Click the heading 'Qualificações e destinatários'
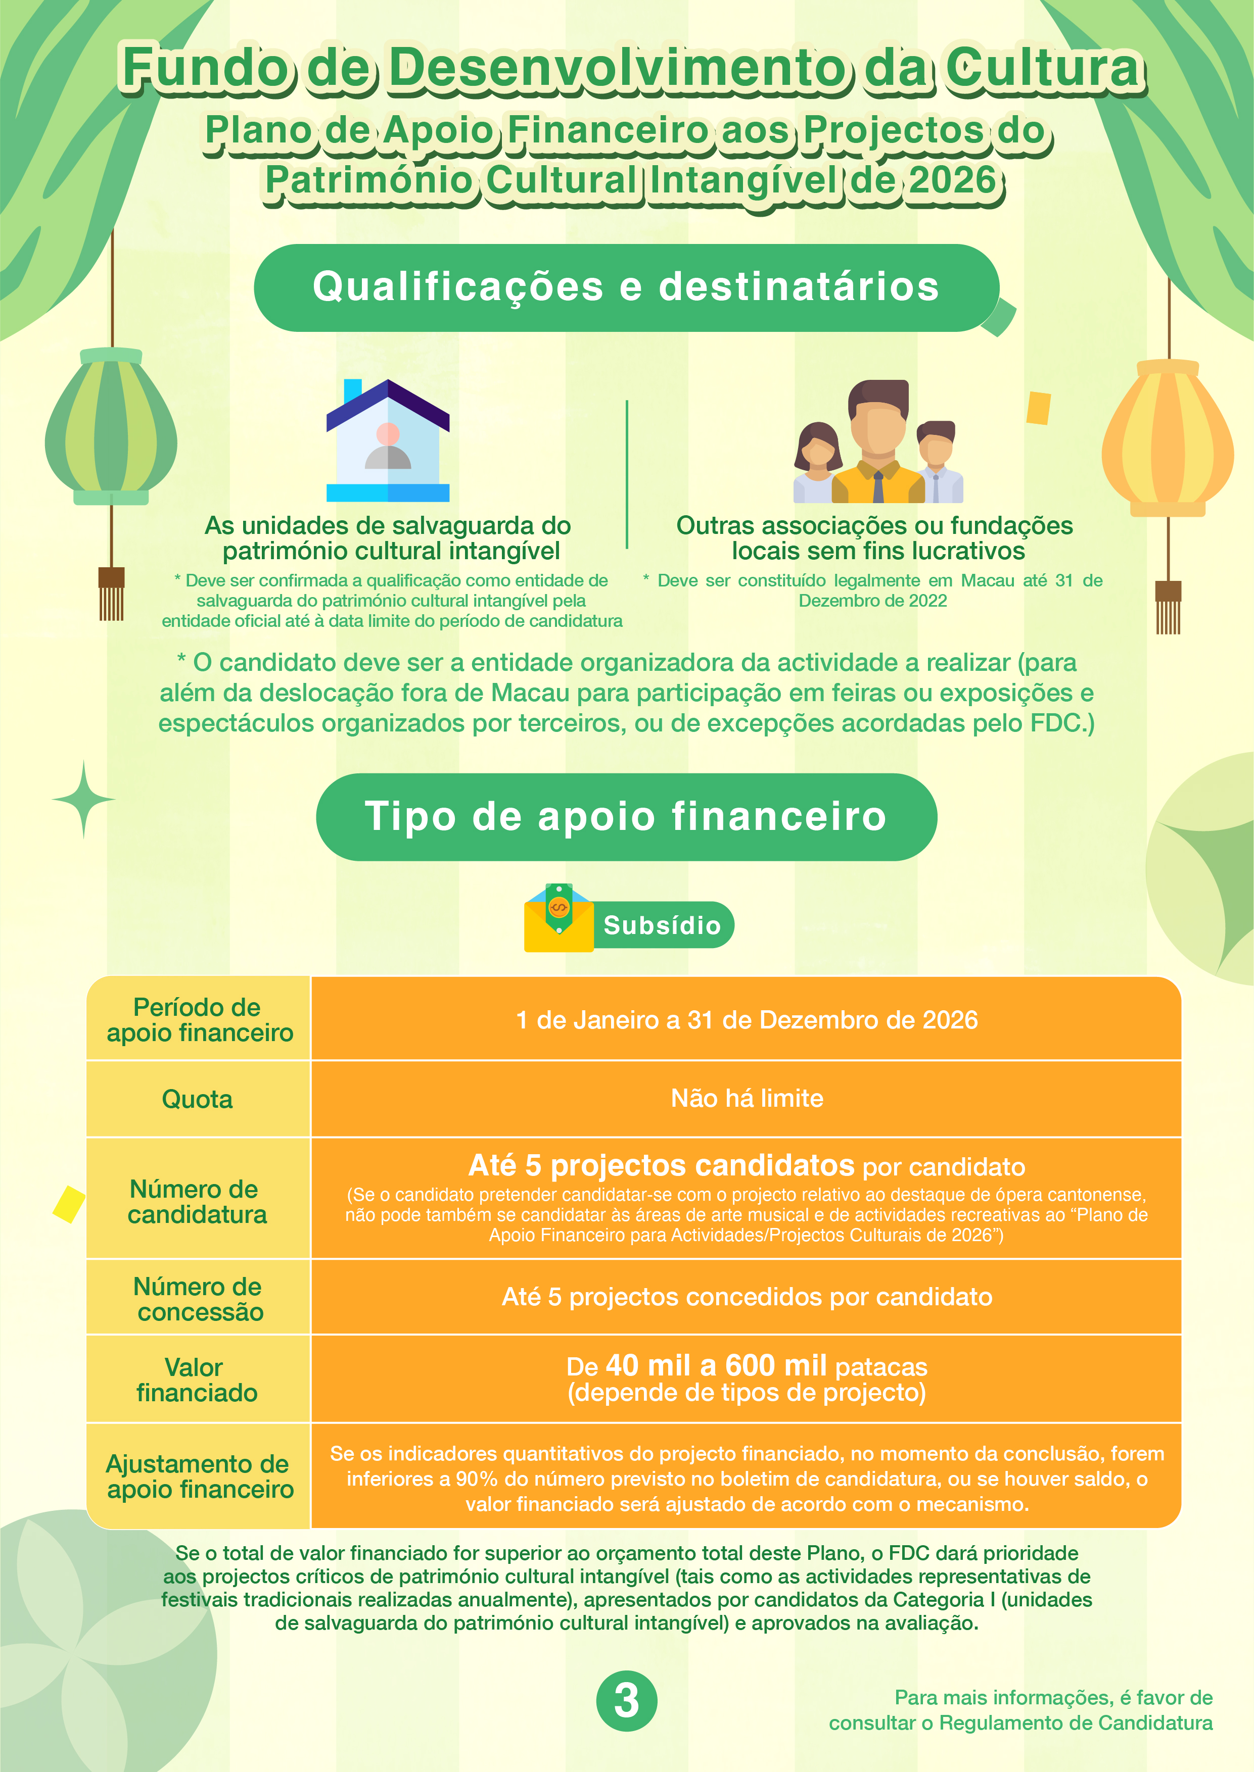point(625,287)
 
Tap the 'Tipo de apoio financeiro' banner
point(625,816)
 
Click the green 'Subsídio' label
point(662,924)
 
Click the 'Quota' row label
point(197,1099)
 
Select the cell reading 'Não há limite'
point(747,1098)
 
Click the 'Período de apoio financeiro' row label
point(199,1019)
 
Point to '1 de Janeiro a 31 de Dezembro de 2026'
point(747,1019)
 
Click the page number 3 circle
point(626,1700)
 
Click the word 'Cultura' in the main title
point(1044,68)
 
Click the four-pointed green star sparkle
point(83,800)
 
